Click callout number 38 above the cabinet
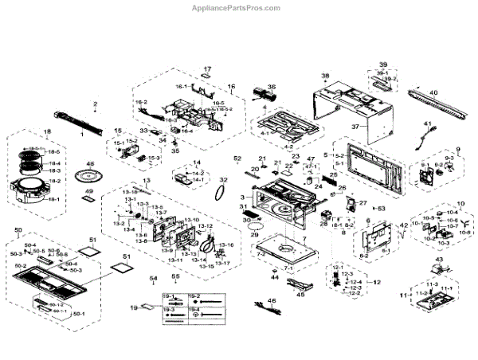[324, 76]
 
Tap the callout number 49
[90, 193]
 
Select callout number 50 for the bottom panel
[18, 230]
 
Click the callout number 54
[153, 278]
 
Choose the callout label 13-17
[225, 263]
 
